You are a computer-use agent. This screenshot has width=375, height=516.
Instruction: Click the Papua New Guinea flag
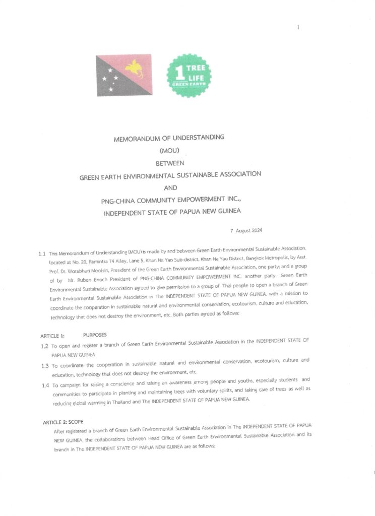tap(124, 75)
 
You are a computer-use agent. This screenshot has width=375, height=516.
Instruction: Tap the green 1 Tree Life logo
tap(189, 76)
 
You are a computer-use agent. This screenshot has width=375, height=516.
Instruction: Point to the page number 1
tap(298, 27)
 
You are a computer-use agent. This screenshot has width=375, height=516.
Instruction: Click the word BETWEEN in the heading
tap(170, 163)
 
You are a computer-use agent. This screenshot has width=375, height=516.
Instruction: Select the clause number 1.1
tap(42, 253)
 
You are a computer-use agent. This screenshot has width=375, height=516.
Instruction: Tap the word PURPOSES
tap(95, 335)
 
